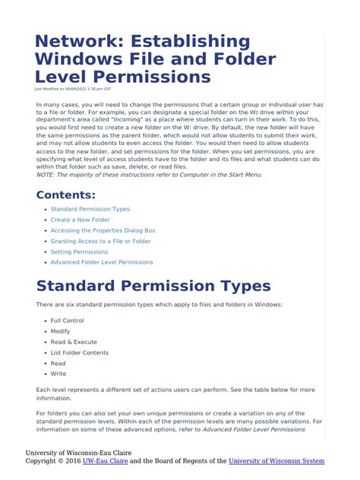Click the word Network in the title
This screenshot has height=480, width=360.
click(73, 43)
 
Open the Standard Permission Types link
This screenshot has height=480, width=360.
click(90, 209)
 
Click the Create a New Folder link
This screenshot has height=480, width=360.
click(80, 219)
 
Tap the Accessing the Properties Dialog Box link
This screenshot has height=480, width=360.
click(103, 230)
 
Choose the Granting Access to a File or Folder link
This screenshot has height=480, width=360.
click(100, 241)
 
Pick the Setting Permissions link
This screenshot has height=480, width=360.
click(79, 251)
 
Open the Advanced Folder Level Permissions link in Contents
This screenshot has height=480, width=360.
click(102, 262)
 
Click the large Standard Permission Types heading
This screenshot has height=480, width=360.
click(153, 286)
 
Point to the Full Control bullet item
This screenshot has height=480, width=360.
click(67, 321)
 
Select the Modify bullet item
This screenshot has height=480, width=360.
click(61, 331)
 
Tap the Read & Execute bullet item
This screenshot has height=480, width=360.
click(74, 342)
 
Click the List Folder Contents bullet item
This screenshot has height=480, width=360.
click(79, 352)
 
